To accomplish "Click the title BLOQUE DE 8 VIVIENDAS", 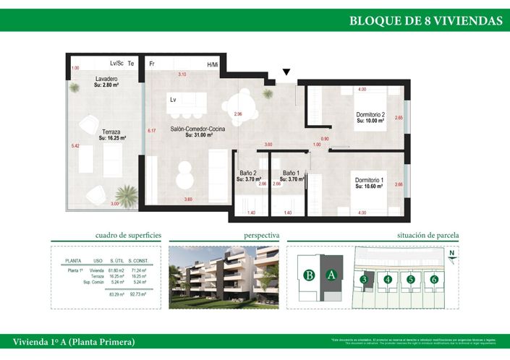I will [x=425, y=20].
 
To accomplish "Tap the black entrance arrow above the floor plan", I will [x=287, y=72].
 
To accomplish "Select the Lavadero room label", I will [x=106, y=79].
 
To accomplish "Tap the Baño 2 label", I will [x=249, y=173].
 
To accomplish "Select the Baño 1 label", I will [x=292, y=173].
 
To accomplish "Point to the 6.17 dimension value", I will [x=152, y=131].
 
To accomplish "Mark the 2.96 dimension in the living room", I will [x=237, y=114].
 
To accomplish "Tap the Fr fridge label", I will [x=152, y=64].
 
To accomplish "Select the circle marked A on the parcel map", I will [x=331, y=274].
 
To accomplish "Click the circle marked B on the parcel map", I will [x=309, y=275].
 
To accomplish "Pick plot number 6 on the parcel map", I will [x=434, y=279].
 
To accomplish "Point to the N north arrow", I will [x=451, y=254].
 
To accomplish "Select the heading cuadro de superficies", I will [x=128, y=235].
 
